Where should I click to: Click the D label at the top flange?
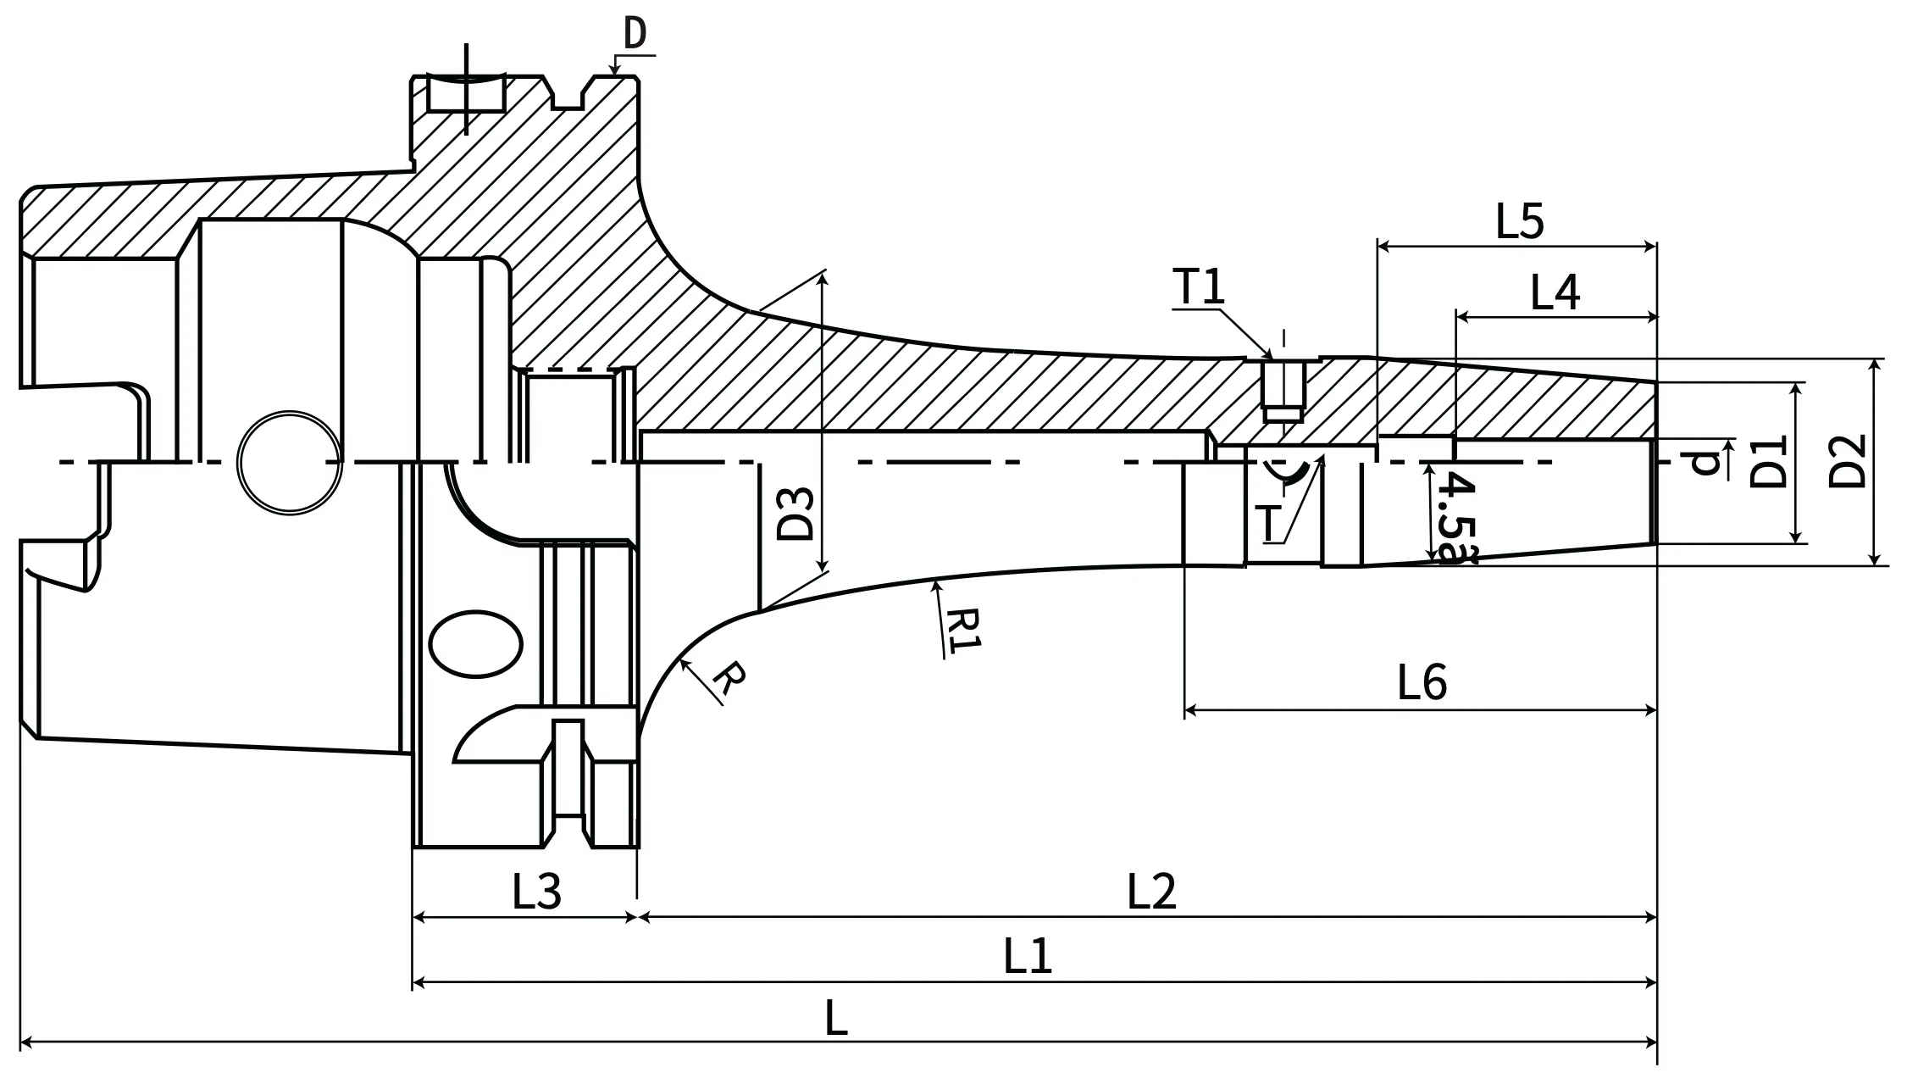click(x=635, y=33)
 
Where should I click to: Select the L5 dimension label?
click(x=1520, y=221)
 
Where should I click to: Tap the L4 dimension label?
click(x=1555, y=292)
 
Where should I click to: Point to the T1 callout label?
click(x=1199, y=286)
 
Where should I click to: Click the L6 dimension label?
click(x=1422, y=682)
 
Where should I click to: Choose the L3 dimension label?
click(x=536, y=892)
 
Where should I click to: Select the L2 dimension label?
click(x=1151, y=892)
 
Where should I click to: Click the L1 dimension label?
click(x=1027, y=956)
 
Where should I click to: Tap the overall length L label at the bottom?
click(x=835, y=1018)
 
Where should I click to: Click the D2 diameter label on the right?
click(x=1847, y=461)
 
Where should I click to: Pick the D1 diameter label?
click(x=1768, y=462)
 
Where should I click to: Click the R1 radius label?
click(x=962, y=629)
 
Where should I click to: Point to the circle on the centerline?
click(x=290, y=462)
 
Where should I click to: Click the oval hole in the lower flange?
click(x=475, y=644)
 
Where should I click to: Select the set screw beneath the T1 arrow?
click(x=1283, y=391)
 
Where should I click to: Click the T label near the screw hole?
click(x=1268, y=523)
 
